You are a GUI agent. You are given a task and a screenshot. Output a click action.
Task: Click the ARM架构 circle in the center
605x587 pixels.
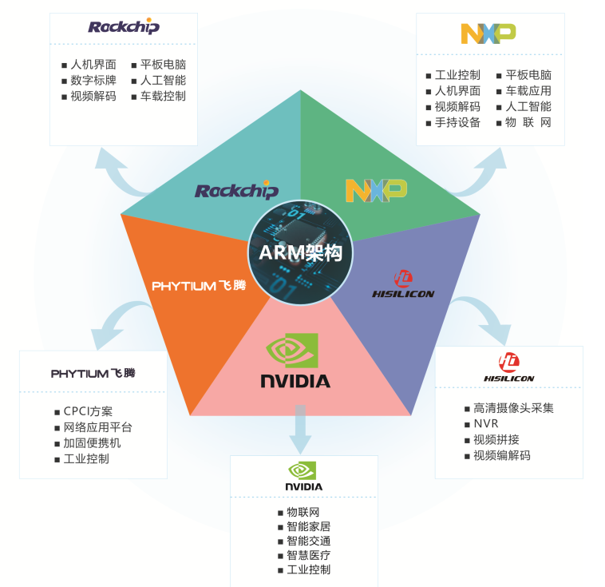coord(300,252)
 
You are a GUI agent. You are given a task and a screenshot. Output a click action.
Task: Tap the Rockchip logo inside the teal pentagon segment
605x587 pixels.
coord(236,191)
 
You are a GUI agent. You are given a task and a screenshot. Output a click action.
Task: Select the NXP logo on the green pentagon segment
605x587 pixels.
coord(376,189)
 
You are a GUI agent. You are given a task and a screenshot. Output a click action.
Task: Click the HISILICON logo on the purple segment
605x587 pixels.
coord(403,284)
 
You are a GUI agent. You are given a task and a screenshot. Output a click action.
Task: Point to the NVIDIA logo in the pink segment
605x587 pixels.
coord(295,361)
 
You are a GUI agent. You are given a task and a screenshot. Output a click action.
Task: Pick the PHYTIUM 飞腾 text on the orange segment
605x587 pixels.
coord(199,285)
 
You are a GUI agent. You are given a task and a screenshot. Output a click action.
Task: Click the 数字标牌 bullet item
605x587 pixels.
coord(93,80)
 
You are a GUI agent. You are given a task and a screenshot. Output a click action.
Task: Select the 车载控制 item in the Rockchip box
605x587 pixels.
coord(163,96)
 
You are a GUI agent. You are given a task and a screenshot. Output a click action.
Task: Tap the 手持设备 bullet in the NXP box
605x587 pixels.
coord(457,122)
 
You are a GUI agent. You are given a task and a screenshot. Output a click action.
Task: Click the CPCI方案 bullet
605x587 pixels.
coord(88,411)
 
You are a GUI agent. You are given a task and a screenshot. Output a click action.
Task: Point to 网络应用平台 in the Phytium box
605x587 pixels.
coord(98,427)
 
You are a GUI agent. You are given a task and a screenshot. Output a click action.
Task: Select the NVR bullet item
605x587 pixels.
coord(485,423)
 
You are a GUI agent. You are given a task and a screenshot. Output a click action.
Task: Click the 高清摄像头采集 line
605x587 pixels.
coord(513,407)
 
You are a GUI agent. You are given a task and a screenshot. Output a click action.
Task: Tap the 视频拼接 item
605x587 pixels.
coord(496,439)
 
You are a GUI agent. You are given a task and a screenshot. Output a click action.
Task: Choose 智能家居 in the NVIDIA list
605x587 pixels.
coord(309,526)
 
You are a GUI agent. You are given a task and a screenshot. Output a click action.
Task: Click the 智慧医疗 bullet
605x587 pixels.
coord(309,555)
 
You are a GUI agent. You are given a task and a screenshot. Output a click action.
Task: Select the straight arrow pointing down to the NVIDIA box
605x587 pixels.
coord(300,429)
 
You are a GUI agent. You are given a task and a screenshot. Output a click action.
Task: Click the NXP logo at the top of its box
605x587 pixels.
coord(488,33)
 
